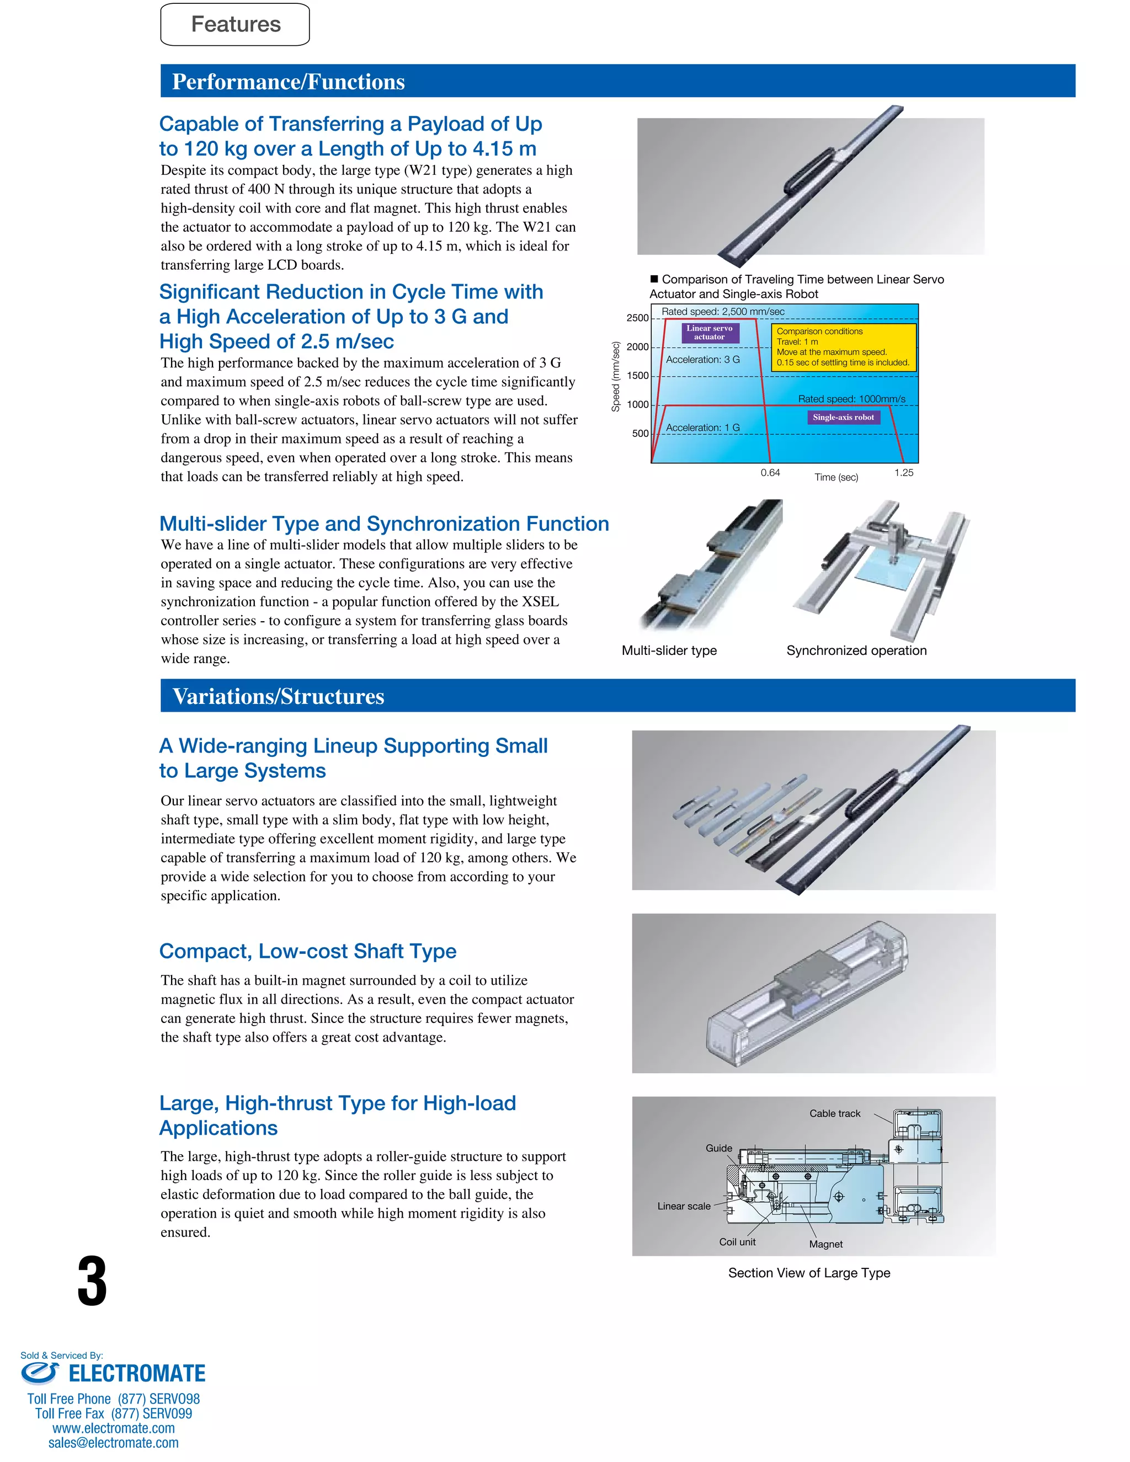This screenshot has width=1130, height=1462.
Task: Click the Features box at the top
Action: click(235, 25)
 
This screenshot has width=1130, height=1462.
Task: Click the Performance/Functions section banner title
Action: click(288, 82)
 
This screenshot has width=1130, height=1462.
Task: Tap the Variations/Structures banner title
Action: click(278, 696)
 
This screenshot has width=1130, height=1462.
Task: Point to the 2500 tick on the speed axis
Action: click(637, 318)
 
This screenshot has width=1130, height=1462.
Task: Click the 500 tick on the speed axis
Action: click(641, 434)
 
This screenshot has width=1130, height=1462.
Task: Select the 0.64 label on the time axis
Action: click(770, 473)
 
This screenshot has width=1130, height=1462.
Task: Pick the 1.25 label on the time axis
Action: click(904, 473)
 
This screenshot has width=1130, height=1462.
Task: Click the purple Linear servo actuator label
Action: click(710, 333)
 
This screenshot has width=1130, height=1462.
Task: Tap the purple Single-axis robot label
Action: click(843, 417)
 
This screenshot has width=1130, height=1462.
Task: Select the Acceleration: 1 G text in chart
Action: click(703, 428)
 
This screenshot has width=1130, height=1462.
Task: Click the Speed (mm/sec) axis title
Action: click(615, 377)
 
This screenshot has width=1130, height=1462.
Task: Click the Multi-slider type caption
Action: click(669, 650)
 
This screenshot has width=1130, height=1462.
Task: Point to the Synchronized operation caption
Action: click(856, 650)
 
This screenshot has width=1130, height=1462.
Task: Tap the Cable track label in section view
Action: click(835, 1113)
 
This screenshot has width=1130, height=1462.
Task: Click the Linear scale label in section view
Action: click(684, 1205)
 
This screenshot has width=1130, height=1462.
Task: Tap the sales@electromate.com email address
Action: click(113, 1443)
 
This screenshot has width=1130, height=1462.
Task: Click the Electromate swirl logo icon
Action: click(40, 1373)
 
